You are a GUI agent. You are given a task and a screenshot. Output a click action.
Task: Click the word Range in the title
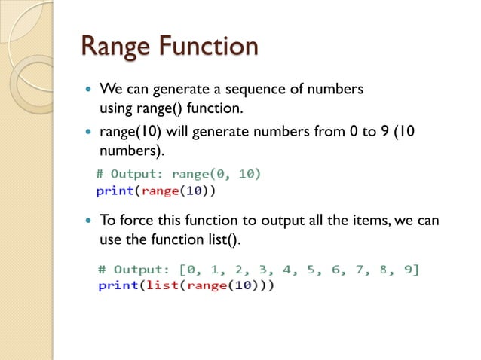(x=115, y=46)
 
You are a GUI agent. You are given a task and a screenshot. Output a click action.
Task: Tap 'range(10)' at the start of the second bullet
(x=128, y=133)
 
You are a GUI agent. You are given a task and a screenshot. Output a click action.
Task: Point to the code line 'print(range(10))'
(x=156, y=191)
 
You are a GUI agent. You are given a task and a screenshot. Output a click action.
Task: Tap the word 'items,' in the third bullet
(x=357, y=222)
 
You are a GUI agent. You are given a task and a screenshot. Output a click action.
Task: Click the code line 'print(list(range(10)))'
(x=186, y=286)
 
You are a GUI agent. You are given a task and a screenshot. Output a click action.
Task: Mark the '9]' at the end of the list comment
(x=412, y=270)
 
